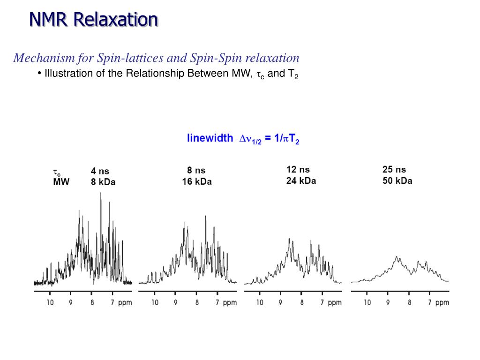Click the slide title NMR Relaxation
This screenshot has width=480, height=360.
coord(94,19)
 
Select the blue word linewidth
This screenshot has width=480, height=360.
coord(210,138)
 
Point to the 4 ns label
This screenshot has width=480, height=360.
coord(100,172)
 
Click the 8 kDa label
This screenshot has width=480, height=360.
coord(103,182)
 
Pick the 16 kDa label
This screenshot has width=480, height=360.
coord(197,181)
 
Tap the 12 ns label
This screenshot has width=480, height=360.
coord(298,170)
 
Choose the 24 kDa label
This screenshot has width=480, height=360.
coord(301,180)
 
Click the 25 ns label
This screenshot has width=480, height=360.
coord(394,170)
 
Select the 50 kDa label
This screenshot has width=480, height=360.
coord(397,180)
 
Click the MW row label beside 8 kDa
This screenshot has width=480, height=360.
coord(61,182)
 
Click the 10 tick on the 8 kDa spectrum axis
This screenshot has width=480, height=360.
coord(50,303)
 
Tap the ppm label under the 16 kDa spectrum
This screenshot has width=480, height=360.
coord(230,303)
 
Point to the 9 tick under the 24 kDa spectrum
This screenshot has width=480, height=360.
coord(280,303)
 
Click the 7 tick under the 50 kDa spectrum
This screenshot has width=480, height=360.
coord(430,303)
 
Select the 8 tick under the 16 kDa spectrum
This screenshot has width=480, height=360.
coord(197,303)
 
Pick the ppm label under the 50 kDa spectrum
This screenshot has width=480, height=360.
coord(442,303)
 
